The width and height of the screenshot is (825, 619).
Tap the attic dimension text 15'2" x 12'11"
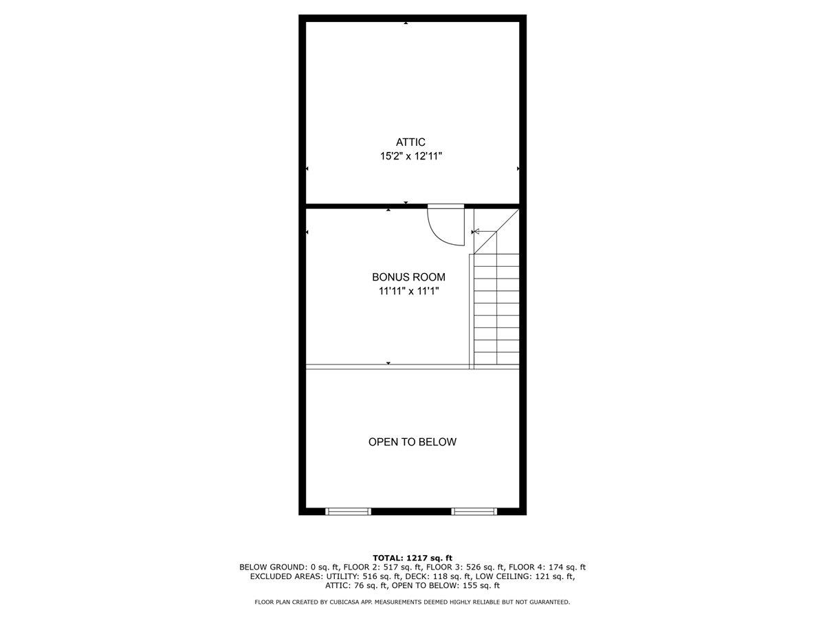pos(411,156)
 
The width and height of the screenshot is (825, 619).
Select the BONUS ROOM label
pos(408,277)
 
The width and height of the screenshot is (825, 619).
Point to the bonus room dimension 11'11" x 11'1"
pos(408,291)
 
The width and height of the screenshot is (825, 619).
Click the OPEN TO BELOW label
pos(412,442)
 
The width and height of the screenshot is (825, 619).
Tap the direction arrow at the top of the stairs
pos(476,232)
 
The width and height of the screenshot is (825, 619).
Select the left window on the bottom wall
pos(348,511)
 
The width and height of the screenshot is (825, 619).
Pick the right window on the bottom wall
pos(474,511)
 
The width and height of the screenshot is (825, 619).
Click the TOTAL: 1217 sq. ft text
pos(412,558)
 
